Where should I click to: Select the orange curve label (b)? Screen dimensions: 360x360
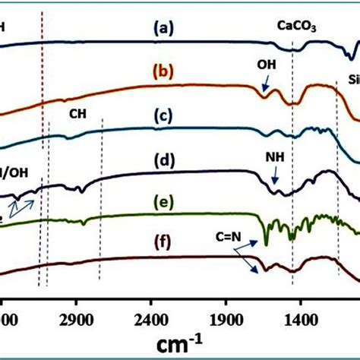(x=165, y=73)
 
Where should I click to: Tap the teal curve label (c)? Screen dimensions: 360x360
(x=163, y=116)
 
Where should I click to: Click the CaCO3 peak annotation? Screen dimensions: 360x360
(x=295, y=26)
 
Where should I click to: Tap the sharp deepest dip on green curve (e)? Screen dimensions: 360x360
(x=267, y=242)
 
